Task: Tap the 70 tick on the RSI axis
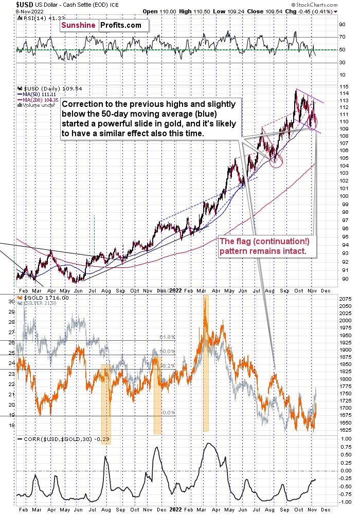(x=340, y=37)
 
